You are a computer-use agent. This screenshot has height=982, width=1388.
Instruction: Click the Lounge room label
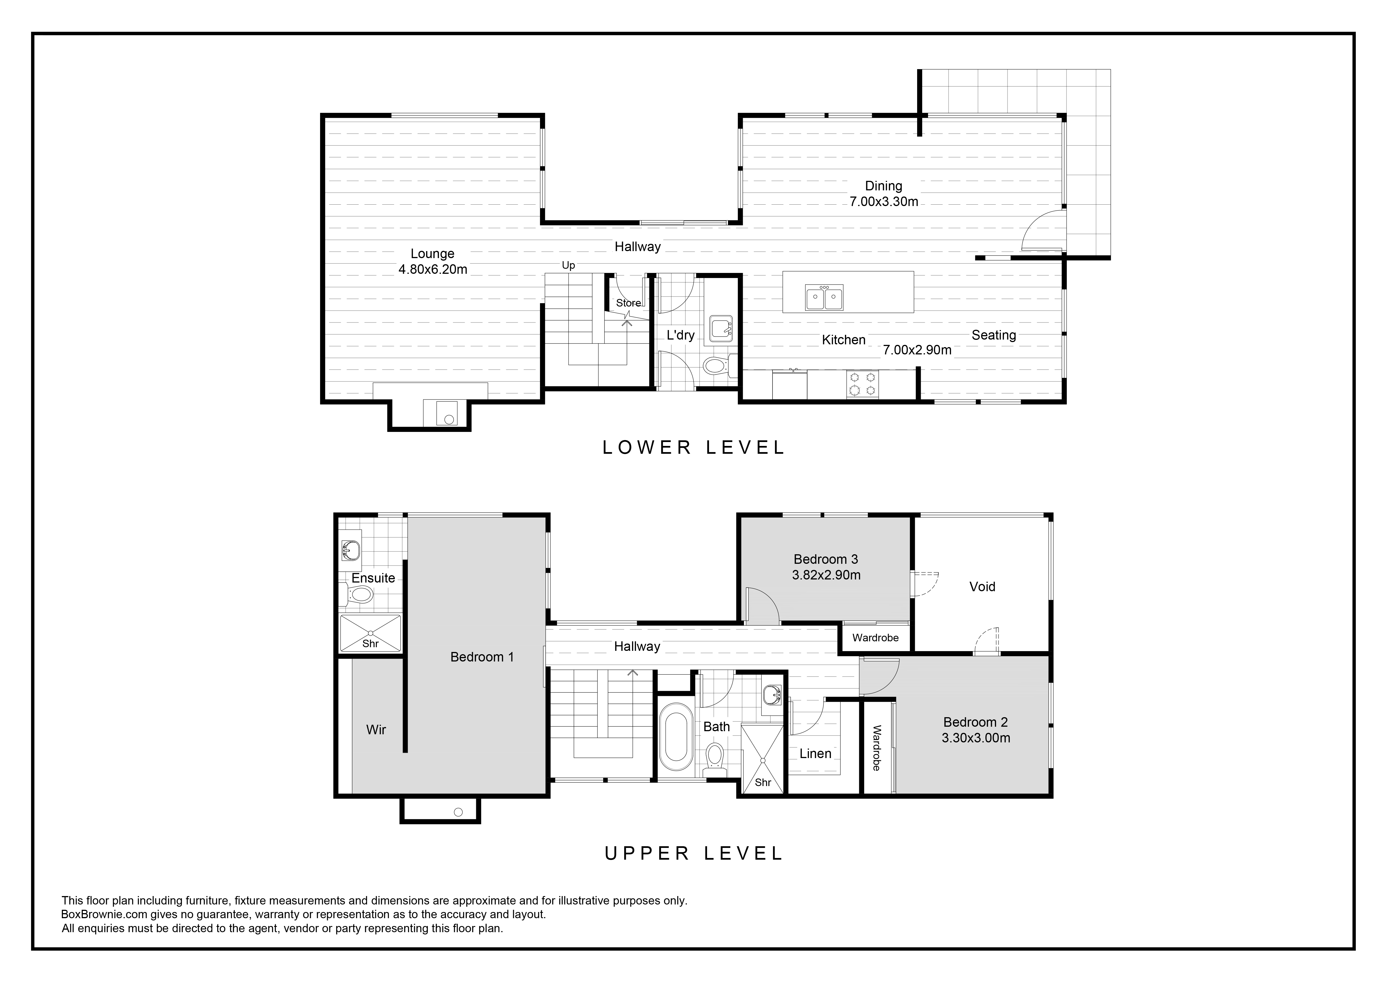click(432, 254)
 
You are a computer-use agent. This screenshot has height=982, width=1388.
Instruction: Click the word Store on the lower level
click(628, 303)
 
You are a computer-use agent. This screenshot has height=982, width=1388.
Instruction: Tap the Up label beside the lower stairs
click(568, 265)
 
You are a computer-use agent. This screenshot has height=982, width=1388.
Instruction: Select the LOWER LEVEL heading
click(693, 447)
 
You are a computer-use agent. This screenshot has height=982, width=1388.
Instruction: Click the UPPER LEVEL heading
click(693, 853)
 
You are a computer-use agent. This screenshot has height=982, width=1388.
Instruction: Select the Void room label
click(982, 586)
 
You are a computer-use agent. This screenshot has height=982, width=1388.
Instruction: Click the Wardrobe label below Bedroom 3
click(875, 638)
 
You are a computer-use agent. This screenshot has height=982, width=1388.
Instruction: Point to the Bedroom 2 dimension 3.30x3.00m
click(976, 738)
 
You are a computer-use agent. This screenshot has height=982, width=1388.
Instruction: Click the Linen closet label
click(816, 753)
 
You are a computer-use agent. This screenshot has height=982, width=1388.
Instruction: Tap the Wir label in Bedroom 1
click(376, 730)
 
